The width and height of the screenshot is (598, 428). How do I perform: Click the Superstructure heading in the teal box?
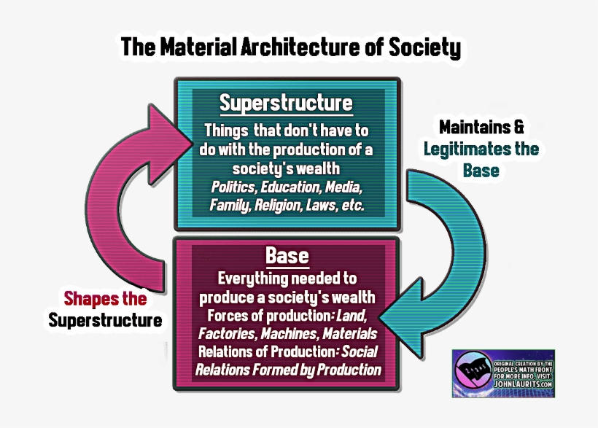pyautogui.click(x=286, y=103)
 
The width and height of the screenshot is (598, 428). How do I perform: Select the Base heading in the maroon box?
pyautogui.click(x=287, y=257)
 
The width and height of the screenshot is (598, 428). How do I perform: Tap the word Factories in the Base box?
pyautogui.click(x=224, y=334)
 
